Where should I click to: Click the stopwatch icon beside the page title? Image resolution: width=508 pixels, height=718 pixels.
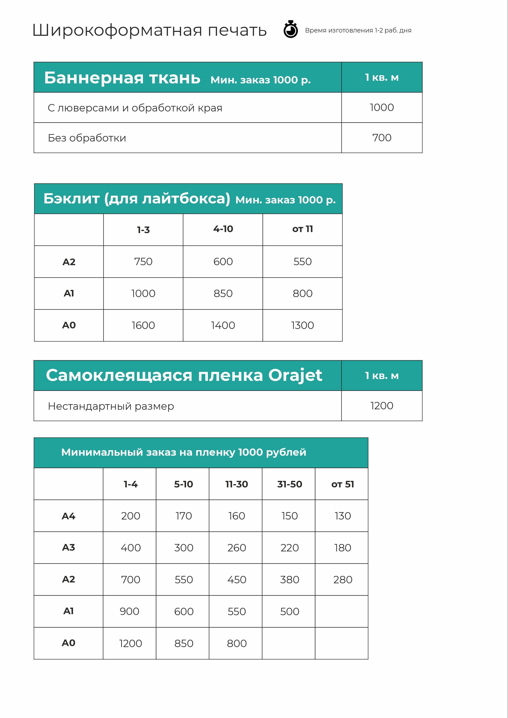point(291,30)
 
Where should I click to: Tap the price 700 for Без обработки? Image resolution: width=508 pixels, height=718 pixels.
point(382,138)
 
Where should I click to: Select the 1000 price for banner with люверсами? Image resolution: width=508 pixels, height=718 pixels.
point(382,107)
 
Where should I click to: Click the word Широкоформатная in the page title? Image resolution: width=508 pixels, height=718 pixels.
point(117,30)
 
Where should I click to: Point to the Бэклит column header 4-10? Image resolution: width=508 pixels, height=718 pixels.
point(223,229)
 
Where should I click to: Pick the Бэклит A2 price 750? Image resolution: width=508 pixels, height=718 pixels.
point(143,261)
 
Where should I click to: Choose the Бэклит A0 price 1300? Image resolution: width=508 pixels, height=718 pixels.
point(303,325)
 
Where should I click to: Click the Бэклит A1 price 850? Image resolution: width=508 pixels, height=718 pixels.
point(223,293)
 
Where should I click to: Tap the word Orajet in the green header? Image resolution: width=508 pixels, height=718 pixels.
point(295,375)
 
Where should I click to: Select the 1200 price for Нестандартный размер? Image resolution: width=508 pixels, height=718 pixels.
point(382,406)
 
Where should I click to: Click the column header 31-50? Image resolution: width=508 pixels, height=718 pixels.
point(290,484)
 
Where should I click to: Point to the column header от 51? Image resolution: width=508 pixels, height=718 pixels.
point(343,484)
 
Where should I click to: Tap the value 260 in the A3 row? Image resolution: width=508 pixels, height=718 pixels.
point(237,548)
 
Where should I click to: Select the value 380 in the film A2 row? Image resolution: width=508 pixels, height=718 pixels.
point(290,580)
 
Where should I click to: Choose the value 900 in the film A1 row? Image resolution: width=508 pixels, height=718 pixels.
point(129,611)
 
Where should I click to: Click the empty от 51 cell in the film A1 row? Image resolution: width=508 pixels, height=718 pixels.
point(342,611)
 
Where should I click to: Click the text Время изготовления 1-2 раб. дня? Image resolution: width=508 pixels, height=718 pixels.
point(358,30)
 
